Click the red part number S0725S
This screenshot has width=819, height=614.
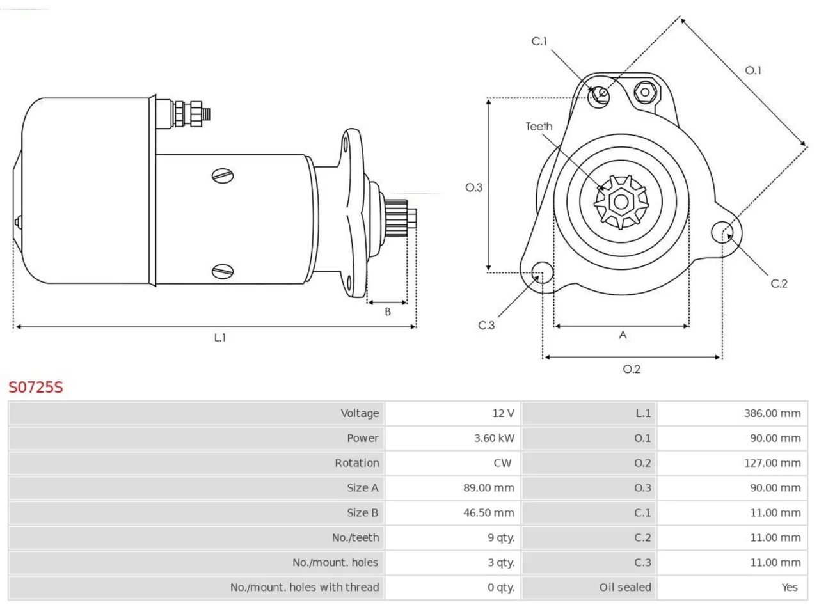[36, 388]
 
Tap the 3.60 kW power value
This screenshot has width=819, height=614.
[494, 438]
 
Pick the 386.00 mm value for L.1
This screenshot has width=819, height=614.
[772, 413]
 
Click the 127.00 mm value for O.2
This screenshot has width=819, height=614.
[772, 463]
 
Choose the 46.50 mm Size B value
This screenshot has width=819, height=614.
[488, 512]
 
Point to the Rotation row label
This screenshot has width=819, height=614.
[356, 463]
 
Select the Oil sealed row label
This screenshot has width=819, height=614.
[625, 587]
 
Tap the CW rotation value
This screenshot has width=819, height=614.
[502, 463]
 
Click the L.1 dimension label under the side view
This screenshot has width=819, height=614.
[219, 338]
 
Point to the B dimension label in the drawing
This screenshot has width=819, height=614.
[388, 311]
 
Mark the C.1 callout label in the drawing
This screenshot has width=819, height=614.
[539, 42]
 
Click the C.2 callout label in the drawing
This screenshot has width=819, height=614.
[779, 284]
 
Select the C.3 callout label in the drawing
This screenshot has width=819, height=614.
[486, 326]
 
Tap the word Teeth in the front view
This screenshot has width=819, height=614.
[539, 127]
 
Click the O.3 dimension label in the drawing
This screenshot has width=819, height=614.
[474, 187]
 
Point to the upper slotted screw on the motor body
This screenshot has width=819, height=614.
[223, 176]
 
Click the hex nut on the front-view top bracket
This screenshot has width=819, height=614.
[645, 92]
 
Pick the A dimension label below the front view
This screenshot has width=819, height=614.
[623, 335]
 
